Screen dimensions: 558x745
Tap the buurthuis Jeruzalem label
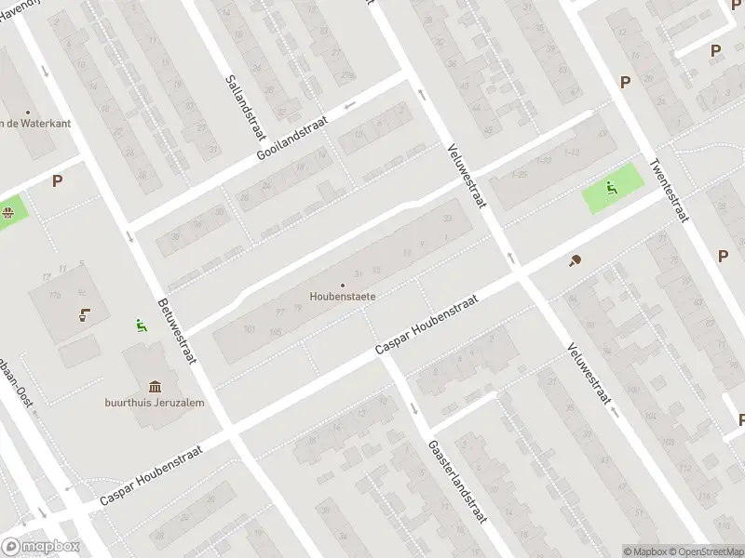coord(154,403)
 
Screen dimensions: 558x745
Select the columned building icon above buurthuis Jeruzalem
coord(155,386)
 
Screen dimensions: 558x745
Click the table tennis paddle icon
coord(575,261)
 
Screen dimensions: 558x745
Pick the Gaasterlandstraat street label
coord(457,481)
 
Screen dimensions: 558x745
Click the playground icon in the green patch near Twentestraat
coord(612,187)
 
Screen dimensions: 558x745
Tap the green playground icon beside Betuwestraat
coord(141,325)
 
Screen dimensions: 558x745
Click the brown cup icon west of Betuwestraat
coord(85,313)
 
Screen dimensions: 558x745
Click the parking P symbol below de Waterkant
coord(58,181)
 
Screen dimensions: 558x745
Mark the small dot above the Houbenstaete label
coord(343,285)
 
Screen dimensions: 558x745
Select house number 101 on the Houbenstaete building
coord(249,329)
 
